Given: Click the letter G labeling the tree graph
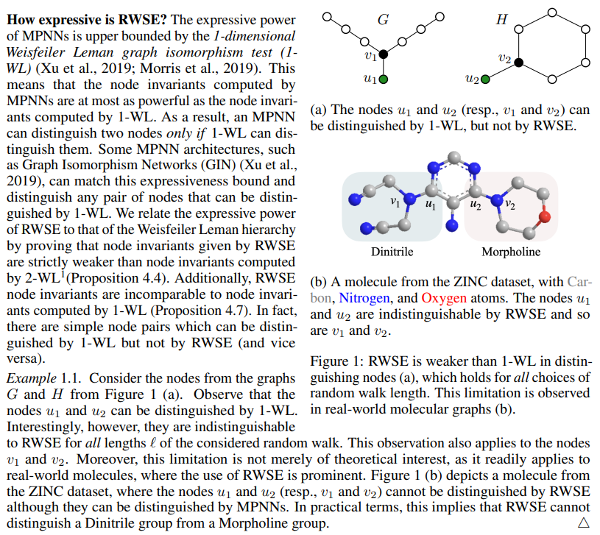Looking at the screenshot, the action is tap(383, 21).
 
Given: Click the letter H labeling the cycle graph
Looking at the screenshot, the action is tap(502, 21).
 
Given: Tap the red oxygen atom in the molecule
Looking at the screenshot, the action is tap(545, 216).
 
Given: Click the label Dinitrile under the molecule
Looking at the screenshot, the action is tap(392, 252).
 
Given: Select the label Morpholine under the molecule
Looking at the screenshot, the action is tap(511, 252).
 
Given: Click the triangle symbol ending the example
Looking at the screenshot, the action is tap(584, 522).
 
